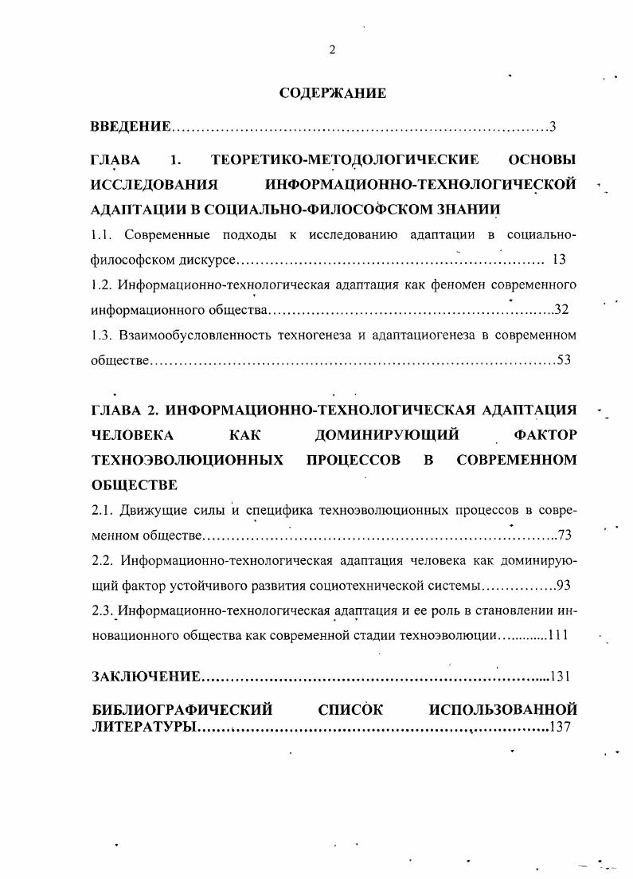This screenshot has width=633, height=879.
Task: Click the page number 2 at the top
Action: [332, 49]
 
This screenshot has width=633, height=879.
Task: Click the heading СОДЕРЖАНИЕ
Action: [333, 93]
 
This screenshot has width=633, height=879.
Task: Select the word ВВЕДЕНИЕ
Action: [131, 127]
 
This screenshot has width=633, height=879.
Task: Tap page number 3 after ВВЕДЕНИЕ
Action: [552, 127]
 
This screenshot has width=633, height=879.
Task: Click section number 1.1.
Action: [104, 235]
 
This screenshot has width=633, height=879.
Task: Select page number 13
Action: [557, 259]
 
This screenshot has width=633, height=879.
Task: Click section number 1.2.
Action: [104, 284]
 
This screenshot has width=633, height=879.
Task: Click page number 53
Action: [564, 359]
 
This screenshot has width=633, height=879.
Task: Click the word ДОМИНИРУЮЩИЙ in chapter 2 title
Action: [387, 435]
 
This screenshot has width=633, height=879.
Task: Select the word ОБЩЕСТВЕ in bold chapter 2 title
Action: [135, 485]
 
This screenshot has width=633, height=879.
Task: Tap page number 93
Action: [564, 586]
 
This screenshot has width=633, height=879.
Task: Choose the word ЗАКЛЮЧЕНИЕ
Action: [146, 677]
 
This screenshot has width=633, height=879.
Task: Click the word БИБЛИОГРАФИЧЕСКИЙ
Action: [182, 708]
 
